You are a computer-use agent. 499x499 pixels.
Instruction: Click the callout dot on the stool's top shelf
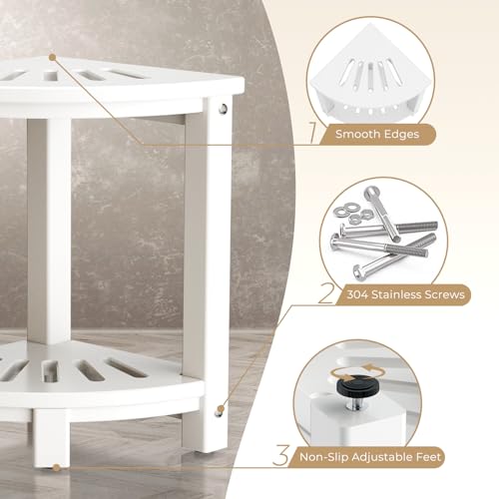53,57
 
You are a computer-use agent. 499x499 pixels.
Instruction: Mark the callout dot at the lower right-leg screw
220,408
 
